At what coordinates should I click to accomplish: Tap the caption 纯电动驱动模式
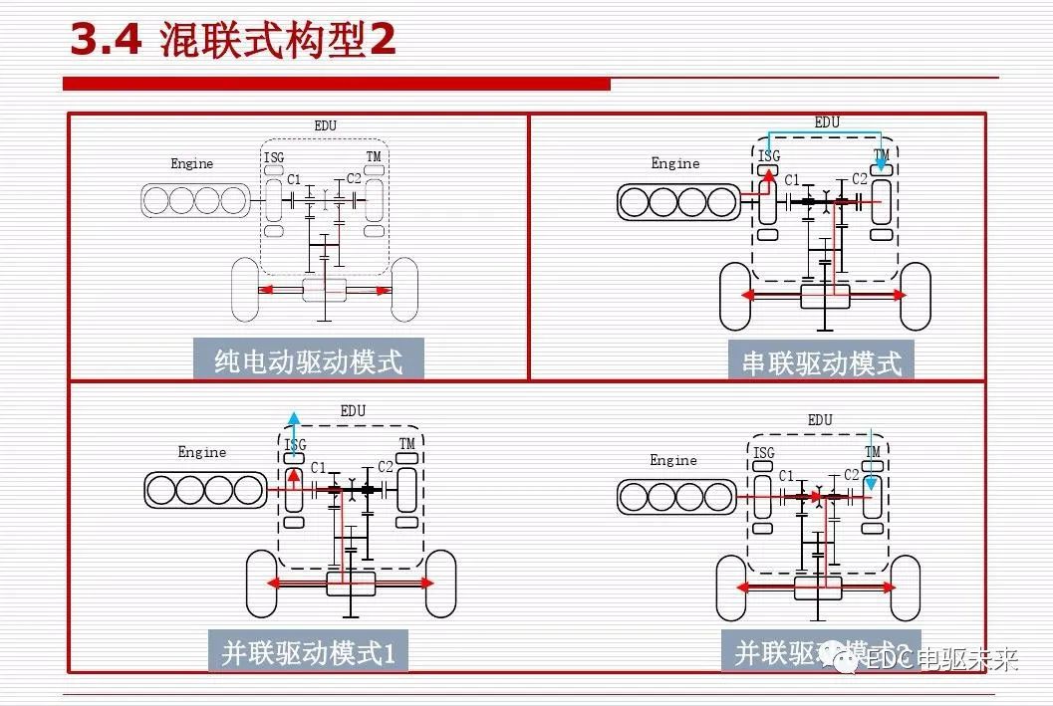coord(308,360)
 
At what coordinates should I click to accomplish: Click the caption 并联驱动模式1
coord(308,653)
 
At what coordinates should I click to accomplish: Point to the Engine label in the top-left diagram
coord(191,164)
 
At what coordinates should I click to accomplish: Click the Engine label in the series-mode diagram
coord(675,163)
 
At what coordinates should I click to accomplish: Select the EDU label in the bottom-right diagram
coord(820,420)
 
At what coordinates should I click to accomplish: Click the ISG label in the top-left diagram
coord(274,157)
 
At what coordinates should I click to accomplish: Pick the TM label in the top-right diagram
coord(881,155)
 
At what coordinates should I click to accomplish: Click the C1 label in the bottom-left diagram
coord(318,468)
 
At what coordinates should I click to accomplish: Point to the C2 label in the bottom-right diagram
coord(852,475)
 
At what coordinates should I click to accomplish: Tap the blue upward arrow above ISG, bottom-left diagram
coord(293,421)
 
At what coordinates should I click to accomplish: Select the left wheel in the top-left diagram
coord(245,290)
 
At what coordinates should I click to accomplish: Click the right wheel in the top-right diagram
coord(914,296)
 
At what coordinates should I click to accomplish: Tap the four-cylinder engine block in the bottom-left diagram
coord(204,490)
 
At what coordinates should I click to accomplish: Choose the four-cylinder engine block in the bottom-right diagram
coord(676,497)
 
